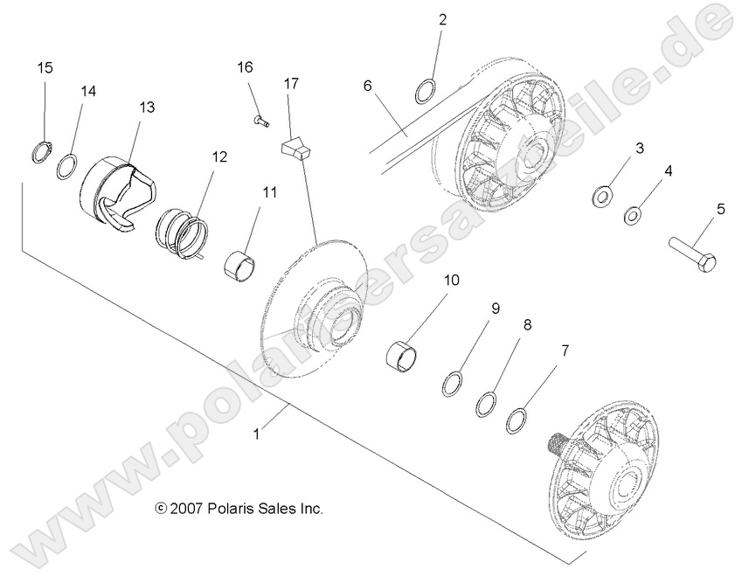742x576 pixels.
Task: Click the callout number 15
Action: (x=45, y=68)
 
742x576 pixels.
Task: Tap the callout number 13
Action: (x=146, y=107)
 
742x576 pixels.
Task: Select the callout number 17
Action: (x=291, y=84)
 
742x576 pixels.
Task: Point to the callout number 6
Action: (x=368, y=85)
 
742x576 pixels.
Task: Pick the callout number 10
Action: (x=451, y=281)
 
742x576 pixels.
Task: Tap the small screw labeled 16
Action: (x=259, y=120)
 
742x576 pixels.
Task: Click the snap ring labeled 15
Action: (x=38, y=151)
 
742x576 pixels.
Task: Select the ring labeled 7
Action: (x=517, y=420)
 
